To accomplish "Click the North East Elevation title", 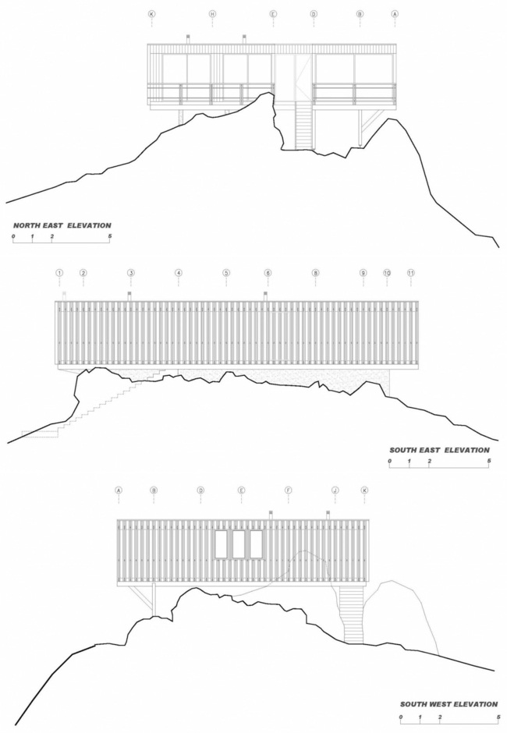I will pos(62,225).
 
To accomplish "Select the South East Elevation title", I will pos(439,450).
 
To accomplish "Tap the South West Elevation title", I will pos(448,704).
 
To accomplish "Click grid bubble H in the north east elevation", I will pos(212,14).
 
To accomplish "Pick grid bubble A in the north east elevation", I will pos(395,14).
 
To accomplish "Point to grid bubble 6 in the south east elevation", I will pos(268,273).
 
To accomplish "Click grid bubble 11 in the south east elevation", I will pos(411,273).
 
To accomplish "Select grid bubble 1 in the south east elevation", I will pos(59,273).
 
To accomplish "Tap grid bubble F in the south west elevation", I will pos(288,490).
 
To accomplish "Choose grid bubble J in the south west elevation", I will pos(335,490).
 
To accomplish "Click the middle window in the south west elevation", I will pos(238,544).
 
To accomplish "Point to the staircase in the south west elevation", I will pos(353,614).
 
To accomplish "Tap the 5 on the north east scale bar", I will pos(110,235).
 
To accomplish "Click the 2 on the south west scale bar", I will pos(440,716).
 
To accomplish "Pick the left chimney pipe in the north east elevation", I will pos(187,37).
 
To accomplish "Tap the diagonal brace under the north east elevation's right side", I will pos(372,121).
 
